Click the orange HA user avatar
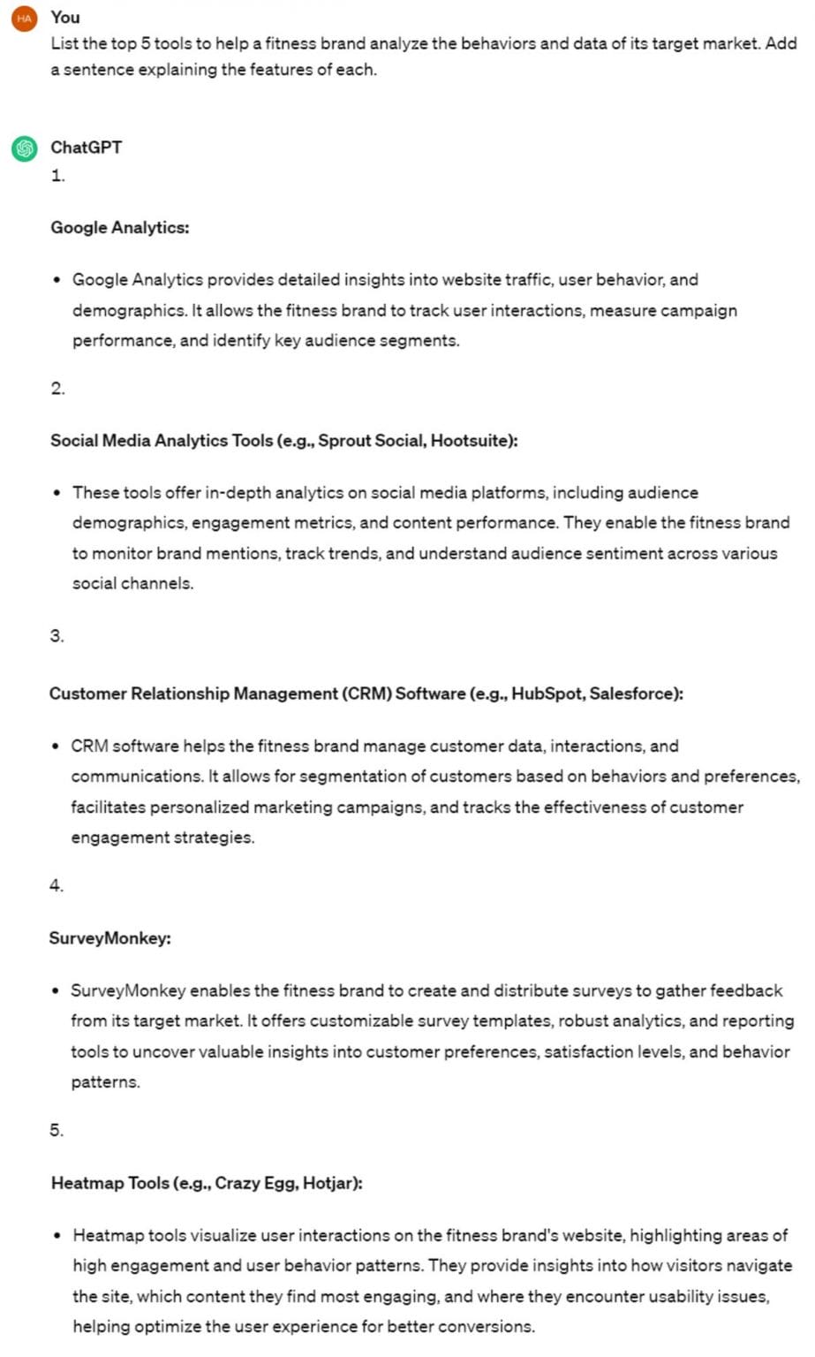(x=24, y=18)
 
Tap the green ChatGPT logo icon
(x=24, y=148)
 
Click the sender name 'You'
(x=65, y=17)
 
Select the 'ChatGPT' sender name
(x=86, y=147)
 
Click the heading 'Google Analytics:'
(x=119, y=227)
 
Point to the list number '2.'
(x=57, y=389)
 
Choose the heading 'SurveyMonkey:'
(x=109, y=938)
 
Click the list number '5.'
(x=57, y=1130)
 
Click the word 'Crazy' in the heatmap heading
(x=238, y=1183)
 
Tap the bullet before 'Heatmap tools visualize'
(x=57, y=1236)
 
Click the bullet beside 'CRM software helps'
(x=57, y=747)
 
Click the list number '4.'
(x=57, y=885)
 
